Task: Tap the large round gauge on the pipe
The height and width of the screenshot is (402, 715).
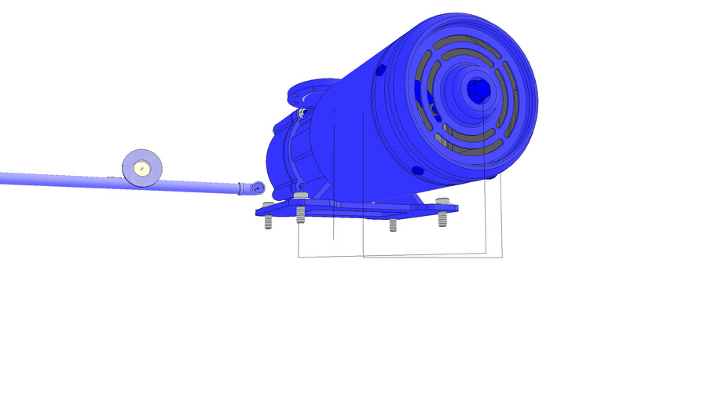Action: click(142, 168)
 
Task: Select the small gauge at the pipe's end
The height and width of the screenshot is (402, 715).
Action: click(258, 188)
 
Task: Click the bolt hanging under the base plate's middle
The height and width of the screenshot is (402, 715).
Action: click(393, 225)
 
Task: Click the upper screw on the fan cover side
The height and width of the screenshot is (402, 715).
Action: click(381, 71)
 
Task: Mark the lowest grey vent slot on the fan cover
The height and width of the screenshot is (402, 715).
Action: click(471, 145)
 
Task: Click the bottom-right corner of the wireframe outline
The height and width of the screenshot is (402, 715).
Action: click(502, 256)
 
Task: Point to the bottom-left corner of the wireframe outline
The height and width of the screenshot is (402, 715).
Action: click(299, 257)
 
